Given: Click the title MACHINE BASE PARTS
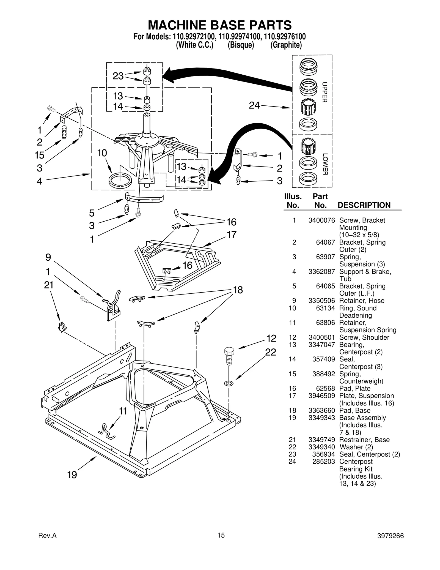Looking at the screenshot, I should tap(219, 25).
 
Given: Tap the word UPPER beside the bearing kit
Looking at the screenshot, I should tap(325, 92).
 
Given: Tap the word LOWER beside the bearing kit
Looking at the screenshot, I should tap(325, 164).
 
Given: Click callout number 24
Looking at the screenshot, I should tap(254, 105).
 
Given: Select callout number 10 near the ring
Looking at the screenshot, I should tap(102, 153).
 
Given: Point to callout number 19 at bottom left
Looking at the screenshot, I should tap(72, 475).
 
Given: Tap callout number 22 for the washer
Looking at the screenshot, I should tap(270, 352).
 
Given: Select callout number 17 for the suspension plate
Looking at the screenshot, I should tap(232, 234).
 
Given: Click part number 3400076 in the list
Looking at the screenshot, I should tap(321, 220).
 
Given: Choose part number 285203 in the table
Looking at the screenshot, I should tap(323, 462).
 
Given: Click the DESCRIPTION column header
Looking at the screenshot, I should tap(364, 205).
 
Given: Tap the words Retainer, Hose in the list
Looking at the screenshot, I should tap(362, 301).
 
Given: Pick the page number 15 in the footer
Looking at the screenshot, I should tap(221, 535).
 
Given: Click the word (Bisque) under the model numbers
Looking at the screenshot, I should tap(241, 45).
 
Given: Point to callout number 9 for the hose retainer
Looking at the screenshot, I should tap(48, 257).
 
